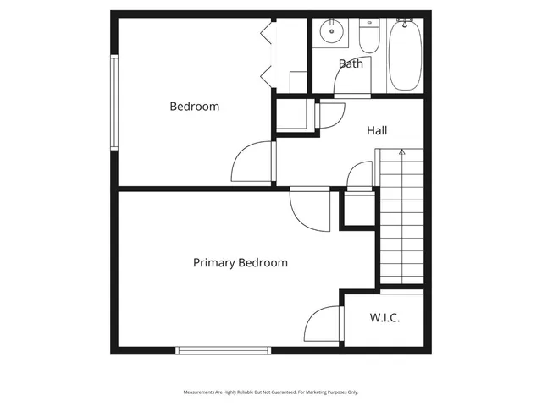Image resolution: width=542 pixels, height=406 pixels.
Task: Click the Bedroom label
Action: click(194, 107)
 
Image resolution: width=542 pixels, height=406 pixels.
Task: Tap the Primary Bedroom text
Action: click(240, 263)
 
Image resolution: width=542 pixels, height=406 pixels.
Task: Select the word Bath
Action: click(351, 63)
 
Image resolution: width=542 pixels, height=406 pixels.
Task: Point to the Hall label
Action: click(377, 130)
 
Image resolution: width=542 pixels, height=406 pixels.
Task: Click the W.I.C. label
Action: click(384, 318)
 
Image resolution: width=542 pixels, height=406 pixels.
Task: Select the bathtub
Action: click(405, 56)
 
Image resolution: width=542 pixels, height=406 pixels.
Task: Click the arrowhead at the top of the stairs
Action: click(402, 152)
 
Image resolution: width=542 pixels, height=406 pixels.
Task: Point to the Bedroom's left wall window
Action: click(113, 101)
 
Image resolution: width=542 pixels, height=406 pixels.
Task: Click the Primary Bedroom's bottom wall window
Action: click(223, 349)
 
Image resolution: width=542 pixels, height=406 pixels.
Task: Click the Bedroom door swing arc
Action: click(252, 161)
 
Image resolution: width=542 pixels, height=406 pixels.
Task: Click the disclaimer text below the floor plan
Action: click(271, 392)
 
